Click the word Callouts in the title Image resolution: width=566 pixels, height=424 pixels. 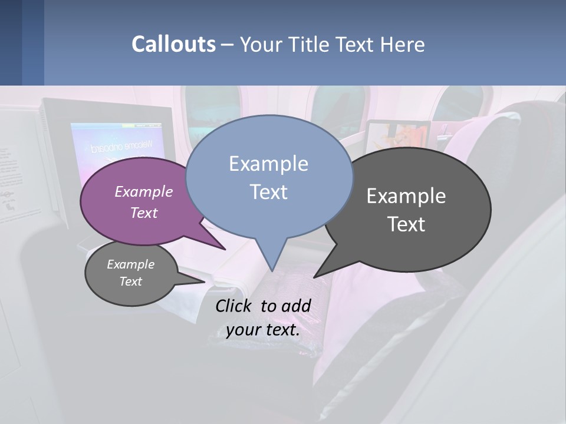173,44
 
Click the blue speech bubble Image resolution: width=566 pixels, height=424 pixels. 268,212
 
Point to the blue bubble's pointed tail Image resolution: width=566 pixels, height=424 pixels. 272,259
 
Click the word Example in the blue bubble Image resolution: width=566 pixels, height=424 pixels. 268,164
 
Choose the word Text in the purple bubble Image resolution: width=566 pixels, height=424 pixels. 144,213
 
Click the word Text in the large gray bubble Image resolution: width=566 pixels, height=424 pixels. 406,224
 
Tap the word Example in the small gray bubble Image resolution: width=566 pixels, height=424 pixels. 130,264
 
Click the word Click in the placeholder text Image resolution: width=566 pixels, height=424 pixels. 235,306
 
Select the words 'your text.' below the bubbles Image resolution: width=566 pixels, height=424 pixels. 263,330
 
